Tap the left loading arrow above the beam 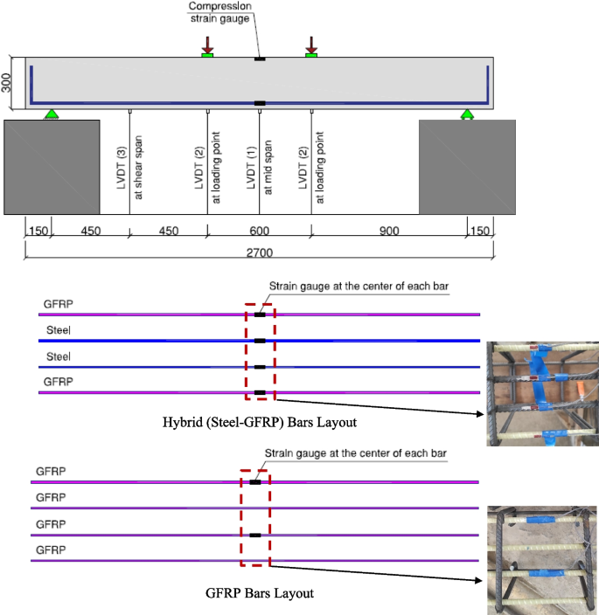coord(207,45)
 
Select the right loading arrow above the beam coord(311,45)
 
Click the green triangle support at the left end coord(52,113)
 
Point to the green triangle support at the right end coord(467,113)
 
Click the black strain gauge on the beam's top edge coord(259,59)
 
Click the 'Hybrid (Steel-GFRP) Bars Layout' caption coord(261,422)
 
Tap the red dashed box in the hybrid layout coord(260,352)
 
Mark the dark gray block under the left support coord(52,167)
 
